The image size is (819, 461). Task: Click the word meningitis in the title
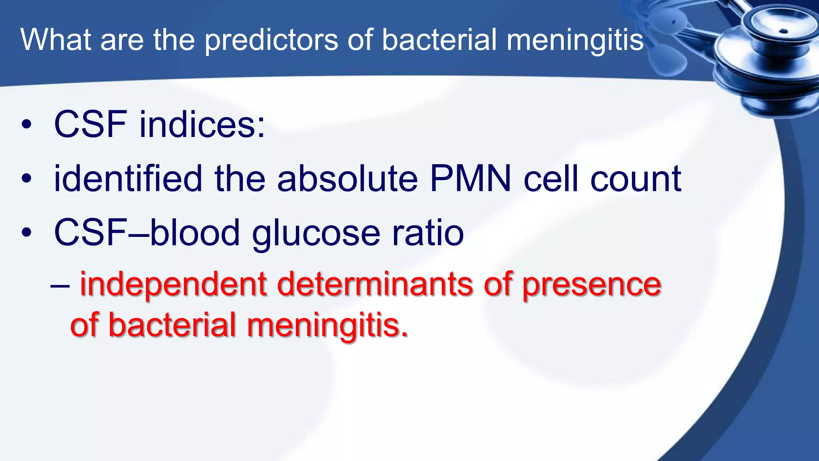575,40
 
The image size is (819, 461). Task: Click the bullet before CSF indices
26,125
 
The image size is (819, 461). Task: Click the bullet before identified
26,179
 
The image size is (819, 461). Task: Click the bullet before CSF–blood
26,233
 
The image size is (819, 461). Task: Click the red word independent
173,285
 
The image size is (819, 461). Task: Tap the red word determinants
375,285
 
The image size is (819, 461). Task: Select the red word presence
592,285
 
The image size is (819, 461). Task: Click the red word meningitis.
328,325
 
